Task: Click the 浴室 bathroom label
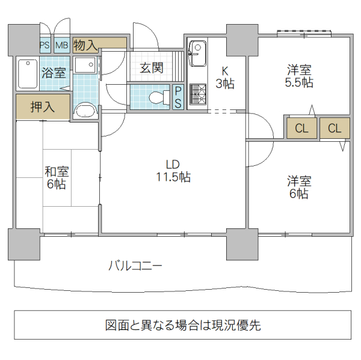(54, 73)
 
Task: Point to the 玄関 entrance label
(152, 68)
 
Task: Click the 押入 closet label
(43, 108)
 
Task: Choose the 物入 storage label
(85, 44)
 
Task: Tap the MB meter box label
(62, 45)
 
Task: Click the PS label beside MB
(45, 45)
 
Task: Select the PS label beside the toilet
(179, 97)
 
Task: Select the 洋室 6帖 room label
(298, 187)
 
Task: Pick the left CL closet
(301, 128)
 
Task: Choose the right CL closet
(335, 128)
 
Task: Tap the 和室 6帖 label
(57, 177)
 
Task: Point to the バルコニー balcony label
(135, 265)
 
